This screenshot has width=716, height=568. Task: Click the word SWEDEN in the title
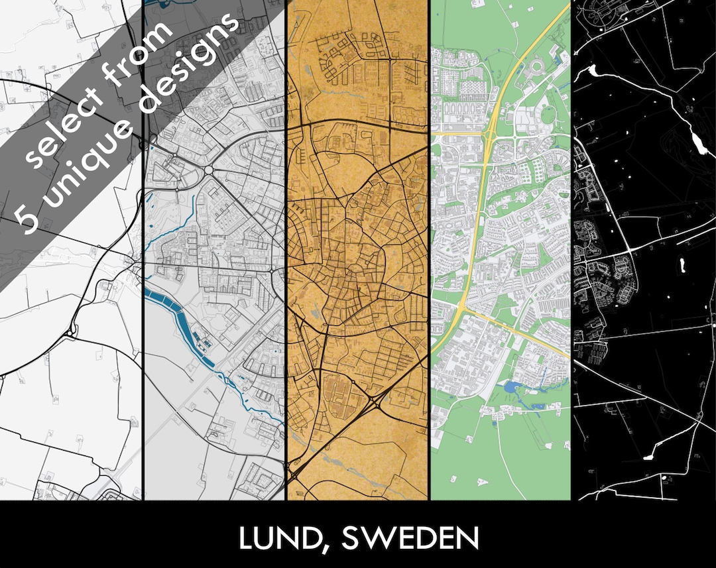pos(410,538)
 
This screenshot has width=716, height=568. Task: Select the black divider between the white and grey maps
pos(143,331)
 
